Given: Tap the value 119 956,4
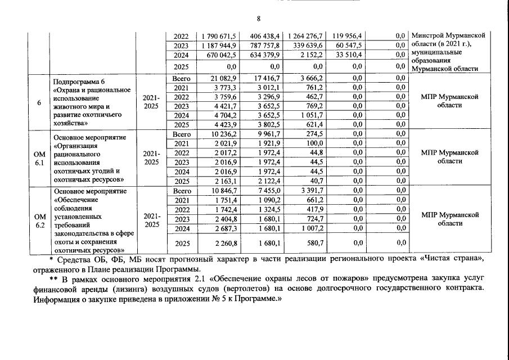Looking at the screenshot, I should [348, 35].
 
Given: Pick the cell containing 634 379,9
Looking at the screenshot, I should [263, 55].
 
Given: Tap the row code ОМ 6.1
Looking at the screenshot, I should [39, 157].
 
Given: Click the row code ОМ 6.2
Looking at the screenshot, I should [39, 219].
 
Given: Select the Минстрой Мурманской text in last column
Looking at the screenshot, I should [448, 35].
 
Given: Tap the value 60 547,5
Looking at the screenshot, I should [350, 45].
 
